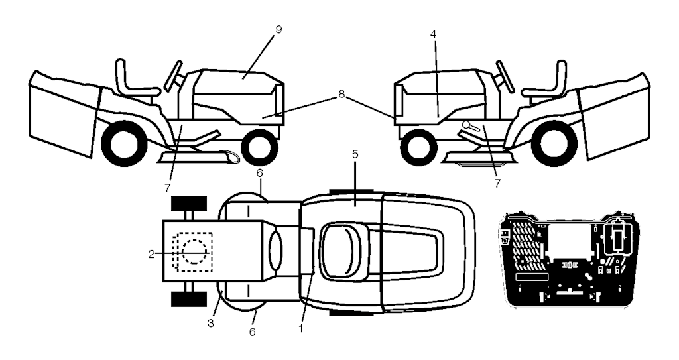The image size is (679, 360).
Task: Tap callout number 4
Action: coord(434,35)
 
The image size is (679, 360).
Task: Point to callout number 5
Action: coord(355,154)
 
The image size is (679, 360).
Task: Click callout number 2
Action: coord(151,255)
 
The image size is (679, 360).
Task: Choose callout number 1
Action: coord(300,329)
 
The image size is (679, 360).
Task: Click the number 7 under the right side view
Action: coord(497,183)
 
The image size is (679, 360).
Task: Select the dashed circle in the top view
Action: coord(196,251)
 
